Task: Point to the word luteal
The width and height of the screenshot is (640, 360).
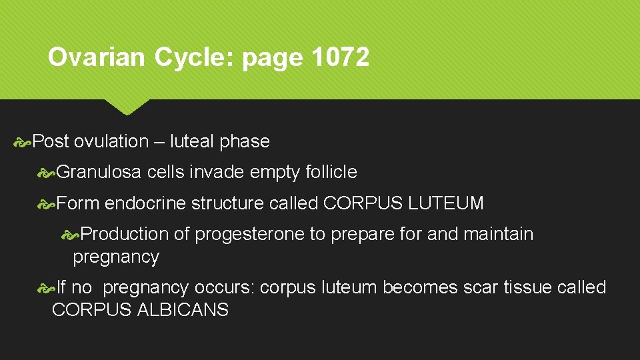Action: [x=192, y=141]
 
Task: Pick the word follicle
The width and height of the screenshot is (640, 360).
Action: [x=331, y=172]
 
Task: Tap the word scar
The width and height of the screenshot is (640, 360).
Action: [x=481, y=287]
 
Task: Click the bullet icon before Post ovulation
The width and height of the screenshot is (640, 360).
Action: [x=23, y=141]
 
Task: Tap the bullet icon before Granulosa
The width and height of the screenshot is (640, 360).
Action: [x=47, y=173]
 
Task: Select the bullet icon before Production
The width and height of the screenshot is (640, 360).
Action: [x=71, y=235]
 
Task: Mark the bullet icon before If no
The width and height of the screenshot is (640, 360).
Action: [x=47, y=288]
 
